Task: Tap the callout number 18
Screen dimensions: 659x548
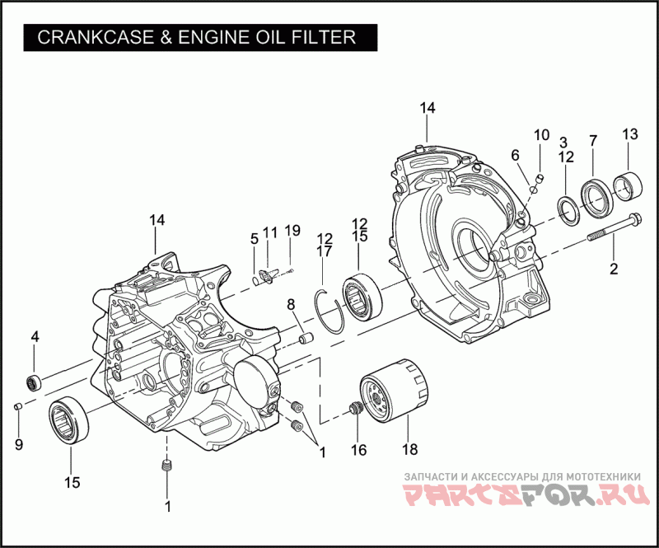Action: point(409,450)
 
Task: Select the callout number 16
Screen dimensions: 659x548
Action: point(358,450)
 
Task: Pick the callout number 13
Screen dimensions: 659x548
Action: point(629,134)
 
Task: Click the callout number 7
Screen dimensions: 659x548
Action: point(592,140)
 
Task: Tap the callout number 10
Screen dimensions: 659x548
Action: point(540,135)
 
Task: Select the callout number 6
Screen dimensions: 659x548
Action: point(516,155)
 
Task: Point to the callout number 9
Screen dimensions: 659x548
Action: point(18,445)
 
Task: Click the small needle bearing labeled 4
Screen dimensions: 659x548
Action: point(34,382)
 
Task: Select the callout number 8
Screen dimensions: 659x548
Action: point(291,305)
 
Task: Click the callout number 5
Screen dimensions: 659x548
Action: point(255,239)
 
